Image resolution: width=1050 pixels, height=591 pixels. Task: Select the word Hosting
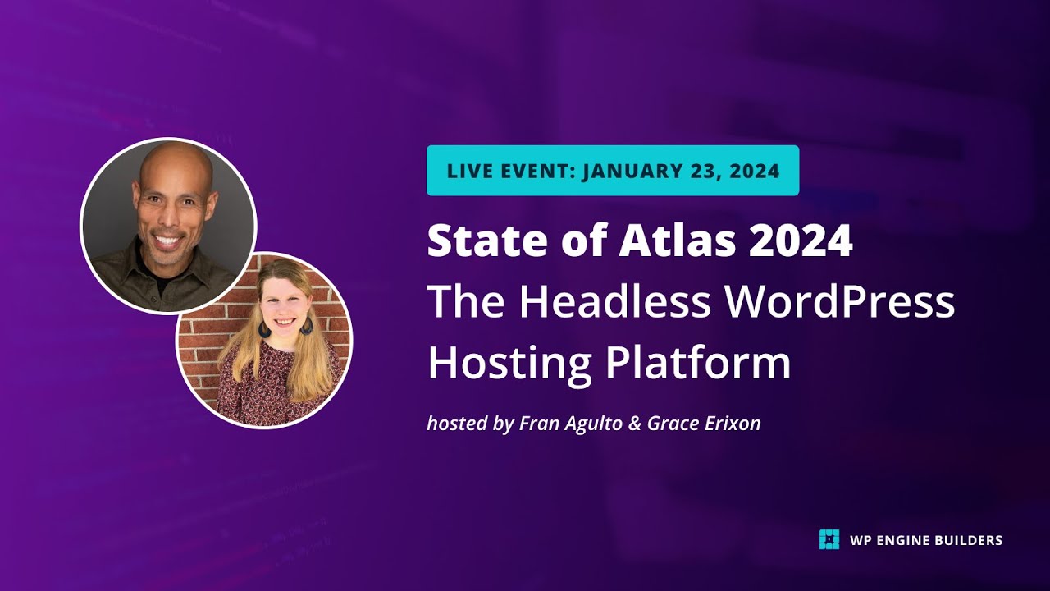pos(509,363)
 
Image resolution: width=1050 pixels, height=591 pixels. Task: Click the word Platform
pos(698,363)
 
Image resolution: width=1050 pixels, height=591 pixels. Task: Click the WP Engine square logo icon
pos(829,539)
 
